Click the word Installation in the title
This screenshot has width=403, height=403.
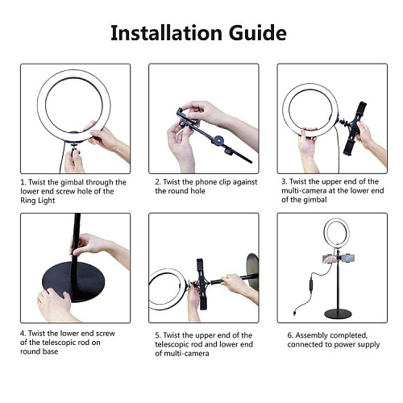pyautogui.click(x=167, y=33)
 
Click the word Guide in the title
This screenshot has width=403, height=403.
pyautogui.click(x=258, y=33)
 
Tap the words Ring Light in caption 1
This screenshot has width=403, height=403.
pyautogui.click(x=38, y=201)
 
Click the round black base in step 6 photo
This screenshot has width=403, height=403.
pyautogui.click(x=338, y=314)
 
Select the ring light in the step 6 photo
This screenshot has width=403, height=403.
pyautogui.click(x=324, y=232)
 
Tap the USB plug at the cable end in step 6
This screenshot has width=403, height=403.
pyautogui.click(x=295, y=313)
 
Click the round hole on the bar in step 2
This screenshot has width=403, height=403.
pyautogui.click(x=218, y=139)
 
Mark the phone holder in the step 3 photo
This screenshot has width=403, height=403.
pyautogui.click(x=355, y=129)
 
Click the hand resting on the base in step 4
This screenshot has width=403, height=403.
pyautogui.click(x=55, y=305)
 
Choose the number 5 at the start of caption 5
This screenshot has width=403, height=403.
pyautogui.click(x=158, y=335)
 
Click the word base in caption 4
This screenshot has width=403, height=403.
pyautogui.click(x=49, y=351)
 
